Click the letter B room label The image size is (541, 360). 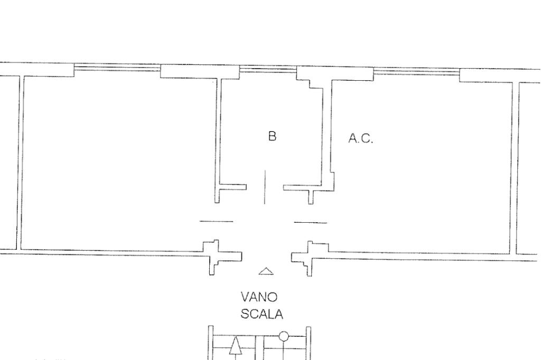tap(272, 136)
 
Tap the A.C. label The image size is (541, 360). tap(361, 139)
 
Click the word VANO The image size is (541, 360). tap(259, 297)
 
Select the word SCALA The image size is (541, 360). tap(262, 314)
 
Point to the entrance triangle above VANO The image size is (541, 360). tap(266, 271)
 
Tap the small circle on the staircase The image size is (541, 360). tap(284, 336)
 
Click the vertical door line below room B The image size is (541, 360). tap(265, 187)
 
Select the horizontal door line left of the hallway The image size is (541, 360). tap(216, 221)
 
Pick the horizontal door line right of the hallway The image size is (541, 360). tap(310, 223)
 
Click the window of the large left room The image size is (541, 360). tap(117, 68)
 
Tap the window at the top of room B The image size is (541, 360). tap(268, 70)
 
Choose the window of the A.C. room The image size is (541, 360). tap(416, 72)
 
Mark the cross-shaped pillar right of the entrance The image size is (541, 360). tap(308, 258)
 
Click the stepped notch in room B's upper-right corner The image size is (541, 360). tap(310, 83)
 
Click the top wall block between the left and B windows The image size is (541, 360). tap(200, 71)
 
